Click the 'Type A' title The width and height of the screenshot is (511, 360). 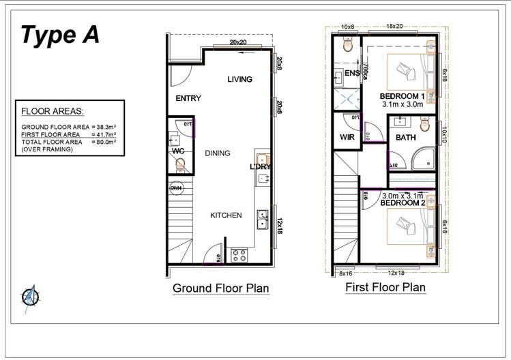point(60,35)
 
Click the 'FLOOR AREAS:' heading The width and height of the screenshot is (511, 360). point(49,111)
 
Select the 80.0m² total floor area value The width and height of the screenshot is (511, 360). point(104,142)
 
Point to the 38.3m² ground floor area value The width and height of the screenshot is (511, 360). point(104,127)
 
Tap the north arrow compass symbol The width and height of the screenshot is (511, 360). point(29,297)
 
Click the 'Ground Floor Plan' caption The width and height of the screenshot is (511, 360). point(220,288)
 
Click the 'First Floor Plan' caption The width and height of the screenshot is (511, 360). point(385,287)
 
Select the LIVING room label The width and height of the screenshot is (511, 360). point(239,80)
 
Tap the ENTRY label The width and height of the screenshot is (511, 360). point(188,99)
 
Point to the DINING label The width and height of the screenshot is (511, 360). point(217,153)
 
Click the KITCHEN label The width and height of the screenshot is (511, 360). point(225,215)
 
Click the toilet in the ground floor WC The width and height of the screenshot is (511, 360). point(180,164)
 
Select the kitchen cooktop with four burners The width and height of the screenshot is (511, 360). point(239,256)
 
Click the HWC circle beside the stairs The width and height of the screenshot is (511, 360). point(175,187)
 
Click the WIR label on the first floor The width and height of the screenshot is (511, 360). point(347,137)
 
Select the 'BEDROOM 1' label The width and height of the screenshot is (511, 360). point(402,97)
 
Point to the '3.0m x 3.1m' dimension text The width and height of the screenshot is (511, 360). point(402,196)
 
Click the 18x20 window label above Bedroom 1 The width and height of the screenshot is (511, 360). point(394,26)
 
